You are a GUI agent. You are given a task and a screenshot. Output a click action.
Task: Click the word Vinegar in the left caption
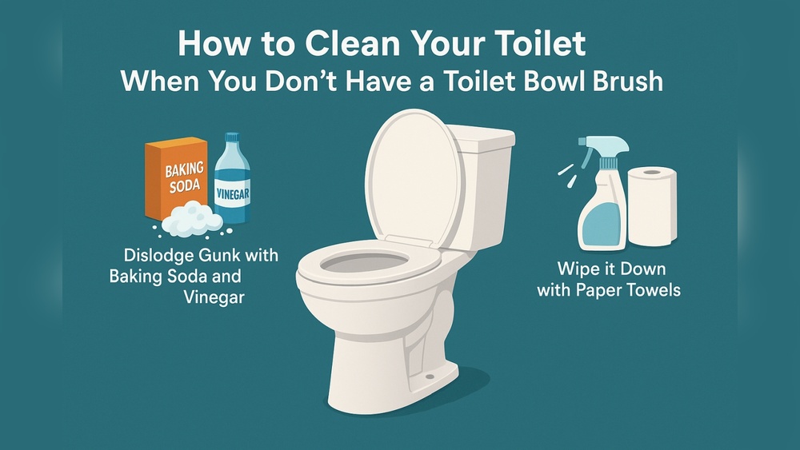pos(212,297)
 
